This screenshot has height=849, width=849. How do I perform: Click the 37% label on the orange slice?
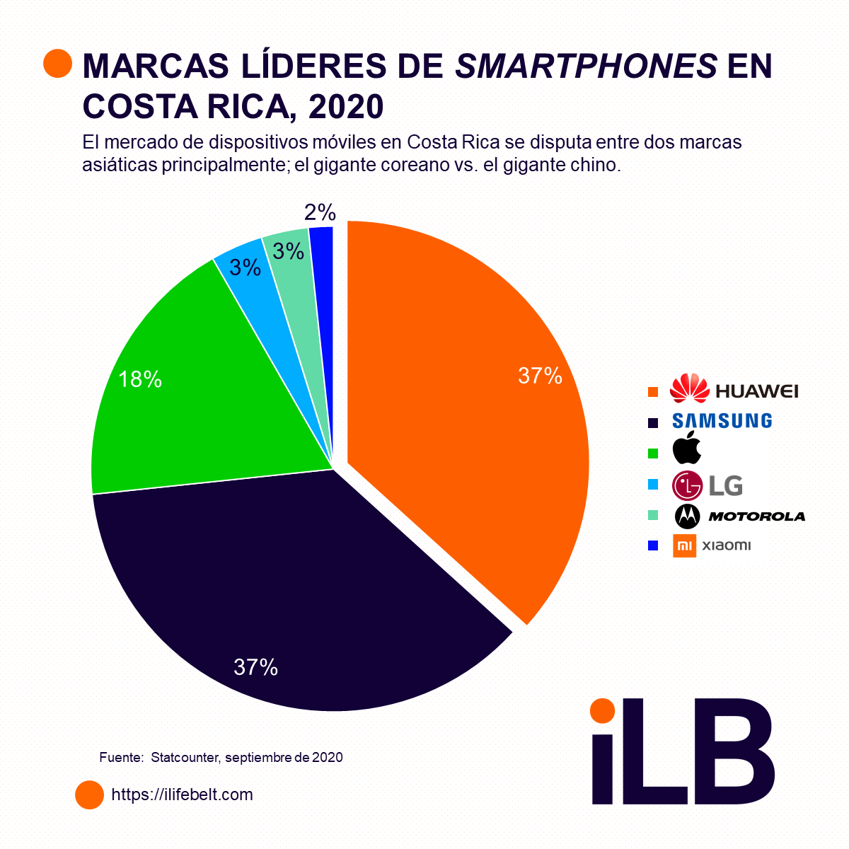540,376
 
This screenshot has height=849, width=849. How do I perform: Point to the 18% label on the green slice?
140,380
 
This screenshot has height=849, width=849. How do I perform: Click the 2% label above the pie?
320,212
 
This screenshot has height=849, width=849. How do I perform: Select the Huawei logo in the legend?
733,390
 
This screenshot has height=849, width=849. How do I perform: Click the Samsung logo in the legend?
722,420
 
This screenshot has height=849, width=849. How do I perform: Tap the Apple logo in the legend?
686,448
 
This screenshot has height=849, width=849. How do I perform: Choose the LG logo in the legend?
707,485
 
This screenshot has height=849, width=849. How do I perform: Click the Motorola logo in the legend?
739,516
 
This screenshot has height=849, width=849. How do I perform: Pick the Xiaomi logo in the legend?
712,545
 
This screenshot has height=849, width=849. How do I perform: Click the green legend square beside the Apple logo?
653,452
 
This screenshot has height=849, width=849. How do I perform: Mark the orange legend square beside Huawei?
653,391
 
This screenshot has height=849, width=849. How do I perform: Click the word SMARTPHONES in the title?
587,66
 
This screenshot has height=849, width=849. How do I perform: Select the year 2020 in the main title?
346,106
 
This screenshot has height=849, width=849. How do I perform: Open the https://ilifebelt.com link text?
182,795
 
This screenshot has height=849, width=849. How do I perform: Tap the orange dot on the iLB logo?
602,710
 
